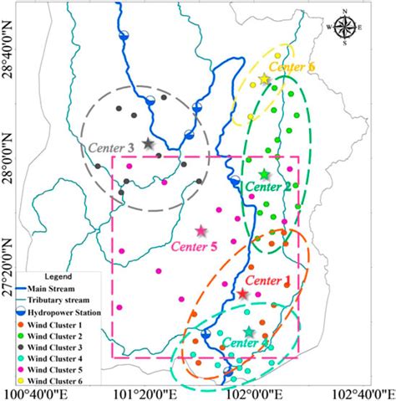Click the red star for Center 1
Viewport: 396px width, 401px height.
tap(242, 294)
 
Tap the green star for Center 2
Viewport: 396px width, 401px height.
tap(264, 174)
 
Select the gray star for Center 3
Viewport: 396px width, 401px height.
tap(149, 144)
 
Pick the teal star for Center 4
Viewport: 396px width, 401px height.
tap(248, 332)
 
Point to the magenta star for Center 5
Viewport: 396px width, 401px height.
tap(201, 230)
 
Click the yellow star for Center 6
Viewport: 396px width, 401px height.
tap(265, 80)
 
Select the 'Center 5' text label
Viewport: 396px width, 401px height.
tap(194, 246)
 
